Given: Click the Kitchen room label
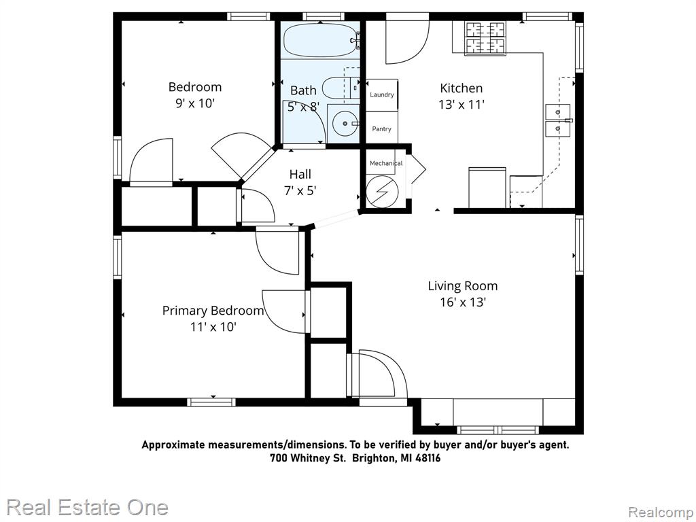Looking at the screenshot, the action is pyautogui.click(x=462, y=88).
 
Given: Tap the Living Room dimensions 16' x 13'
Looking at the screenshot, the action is pyautogui.click(x=463, y=302).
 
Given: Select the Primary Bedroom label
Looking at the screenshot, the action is pyautogui.click(x=213, y=311).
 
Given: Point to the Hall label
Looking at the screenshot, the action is pyautogui.click(x=300, y=174).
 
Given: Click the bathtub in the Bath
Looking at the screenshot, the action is pyautogui.click(x=321, y=40).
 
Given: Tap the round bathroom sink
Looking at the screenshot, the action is pyautogui.click(x=345, y=124).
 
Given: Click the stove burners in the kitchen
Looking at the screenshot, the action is pyautogui.click(x=485, y=39).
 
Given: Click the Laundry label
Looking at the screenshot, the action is pyautogui.click(x=382, y=94).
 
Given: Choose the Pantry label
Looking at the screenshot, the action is pyautogui.click(x=382, y=128).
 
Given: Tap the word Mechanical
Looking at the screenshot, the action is pyautogui.click(x=386, y=163).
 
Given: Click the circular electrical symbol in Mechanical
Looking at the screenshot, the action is pyautogui.click(x=382, y=192).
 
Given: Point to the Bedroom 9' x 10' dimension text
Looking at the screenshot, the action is pyautogui.click(x=195, y=103).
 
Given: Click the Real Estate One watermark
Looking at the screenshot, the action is pyautogui.click(x=88, y=507).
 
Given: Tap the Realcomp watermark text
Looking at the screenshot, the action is pyautogui.click(x=661, y=512).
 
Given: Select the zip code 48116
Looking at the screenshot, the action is pyautogui.click(x=428, y=458).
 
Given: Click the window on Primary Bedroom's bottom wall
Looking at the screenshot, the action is pyautogui.click(x=211, y=402).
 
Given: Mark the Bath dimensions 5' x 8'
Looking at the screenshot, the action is pyautogui.click(x=304, y=107).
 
